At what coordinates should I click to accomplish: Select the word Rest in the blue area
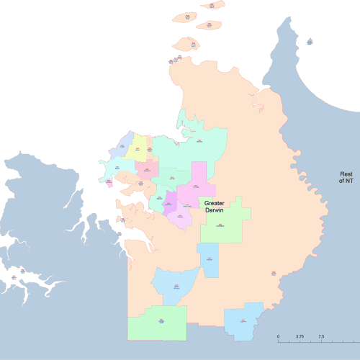tap(347, 174)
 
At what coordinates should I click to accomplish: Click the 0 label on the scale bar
tap(279, 336)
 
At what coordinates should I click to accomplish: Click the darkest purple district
tap(171, 202)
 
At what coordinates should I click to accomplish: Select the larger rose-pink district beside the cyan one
tap(146, 171)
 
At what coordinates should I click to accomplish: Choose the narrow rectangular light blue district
tap(209, 259)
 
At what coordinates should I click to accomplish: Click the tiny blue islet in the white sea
tap(309, 42)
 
